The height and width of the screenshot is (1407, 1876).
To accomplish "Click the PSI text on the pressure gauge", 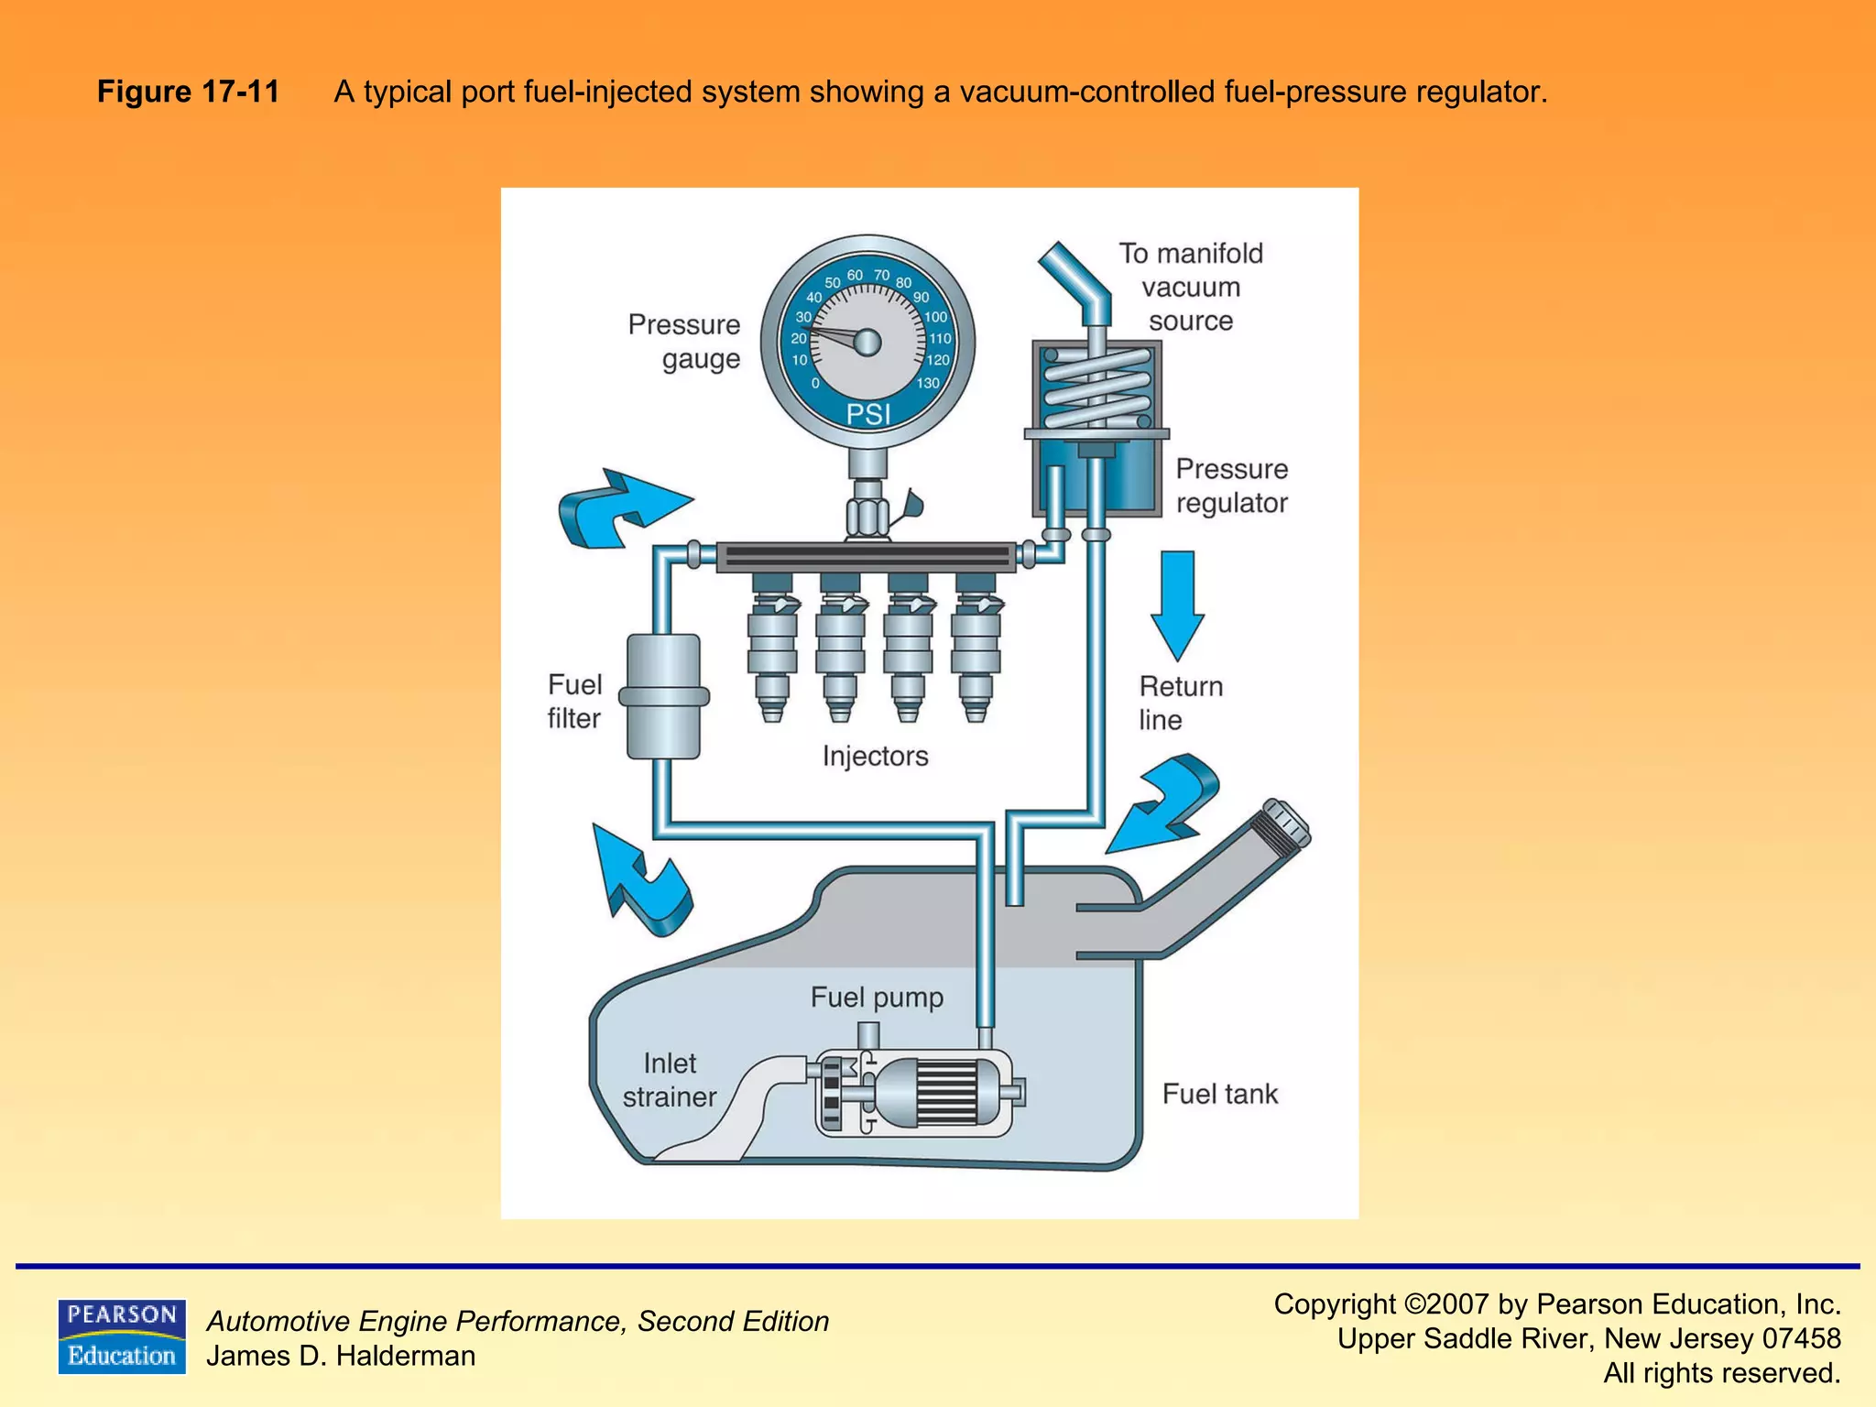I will pos(867,415).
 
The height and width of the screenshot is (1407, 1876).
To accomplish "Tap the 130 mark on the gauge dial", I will pos(928,383).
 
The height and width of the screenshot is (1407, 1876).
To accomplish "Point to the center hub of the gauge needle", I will pos(867,343).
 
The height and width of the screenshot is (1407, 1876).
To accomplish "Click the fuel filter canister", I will pos(663,696).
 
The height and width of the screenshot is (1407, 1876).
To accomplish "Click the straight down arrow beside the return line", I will pos(1177,605).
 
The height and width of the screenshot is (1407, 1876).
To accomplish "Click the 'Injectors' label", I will pos(875,757).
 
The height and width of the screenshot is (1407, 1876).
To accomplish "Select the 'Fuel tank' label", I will pos(1219,1094).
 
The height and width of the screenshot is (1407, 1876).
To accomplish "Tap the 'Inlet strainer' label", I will pos(669,1080).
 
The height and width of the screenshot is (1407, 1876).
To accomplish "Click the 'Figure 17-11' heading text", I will pos(188,92).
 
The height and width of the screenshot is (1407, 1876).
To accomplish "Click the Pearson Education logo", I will pos(121,1336).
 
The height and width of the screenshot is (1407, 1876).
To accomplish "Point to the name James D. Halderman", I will pos(341,1356).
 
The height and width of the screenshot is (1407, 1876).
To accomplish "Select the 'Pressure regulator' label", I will pos(1231,485).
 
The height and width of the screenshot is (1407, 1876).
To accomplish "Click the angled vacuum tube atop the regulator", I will pos(1077,279).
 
